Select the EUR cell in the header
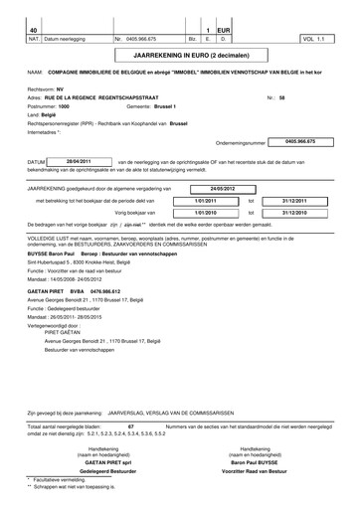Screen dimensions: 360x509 (x=223, y=31)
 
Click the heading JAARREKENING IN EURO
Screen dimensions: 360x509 (x=178, y=59)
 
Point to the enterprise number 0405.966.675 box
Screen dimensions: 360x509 (x=306, y=142)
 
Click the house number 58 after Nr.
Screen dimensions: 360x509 (x=282, y=98)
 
